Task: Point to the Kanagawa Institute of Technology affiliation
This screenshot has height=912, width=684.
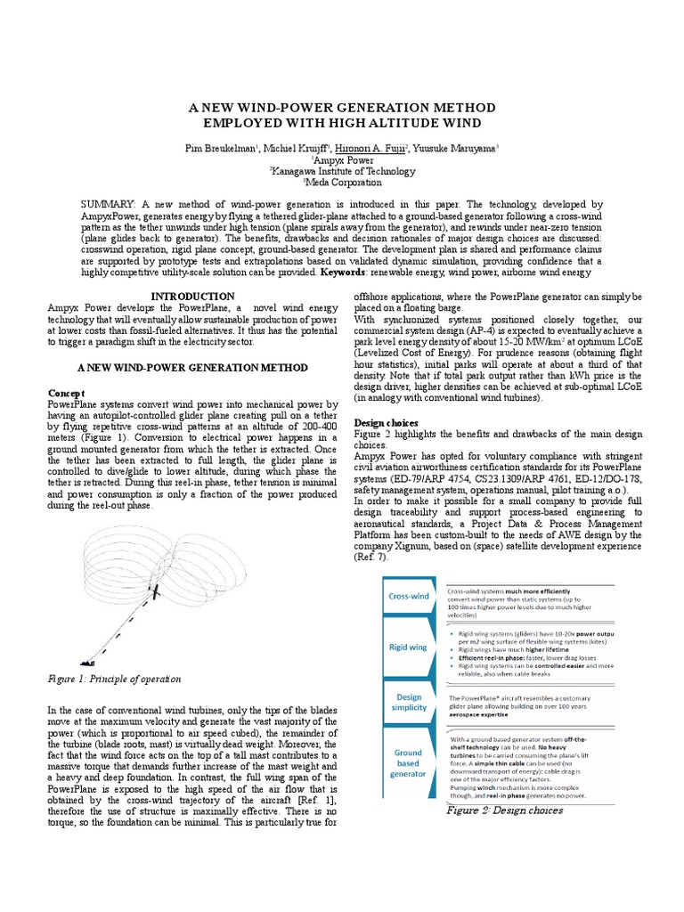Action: (343, 171)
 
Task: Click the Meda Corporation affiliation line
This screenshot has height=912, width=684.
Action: (343, 183)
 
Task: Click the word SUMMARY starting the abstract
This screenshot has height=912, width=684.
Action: (107, 205)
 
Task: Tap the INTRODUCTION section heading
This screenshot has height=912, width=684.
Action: (192, 296)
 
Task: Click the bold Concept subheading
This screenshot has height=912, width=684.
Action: (67, 392)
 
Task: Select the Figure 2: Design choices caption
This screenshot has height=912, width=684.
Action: (504, 810)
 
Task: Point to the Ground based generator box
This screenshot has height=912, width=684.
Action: (407, 763)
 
